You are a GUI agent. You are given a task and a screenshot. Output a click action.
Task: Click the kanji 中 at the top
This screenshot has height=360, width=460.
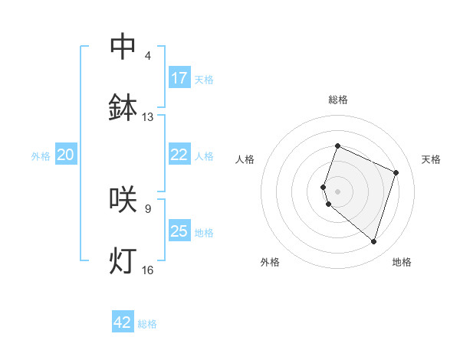click(x=123, y=46)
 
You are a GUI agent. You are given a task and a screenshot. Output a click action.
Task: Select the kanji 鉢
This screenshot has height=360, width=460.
click(x=123, y=108)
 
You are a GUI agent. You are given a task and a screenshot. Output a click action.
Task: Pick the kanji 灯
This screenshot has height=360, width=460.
click(x=123, y=260)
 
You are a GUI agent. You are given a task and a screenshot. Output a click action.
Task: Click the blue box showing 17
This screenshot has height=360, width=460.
click(x=179, y=78)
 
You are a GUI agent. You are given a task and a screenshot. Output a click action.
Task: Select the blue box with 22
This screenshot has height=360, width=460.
click(x=179, y=155)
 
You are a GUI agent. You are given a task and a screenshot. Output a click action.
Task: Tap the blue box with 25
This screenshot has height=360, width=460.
click(x=179, y=231)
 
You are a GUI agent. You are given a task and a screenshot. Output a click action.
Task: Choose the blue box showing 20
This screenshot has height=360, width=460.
click(x=66, y=155)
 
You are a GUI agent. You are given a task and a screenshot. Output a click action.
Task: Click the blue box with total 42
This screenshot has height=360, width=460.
click(x=123, y=322)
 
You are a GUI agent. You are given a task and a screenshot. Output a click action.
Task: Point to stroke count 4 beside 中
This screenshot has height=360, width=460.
click(x=148, y=56)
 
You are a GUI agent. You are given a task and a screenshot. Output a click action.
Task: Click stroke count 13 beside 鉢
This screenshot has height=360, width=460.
click(x=148, y=117)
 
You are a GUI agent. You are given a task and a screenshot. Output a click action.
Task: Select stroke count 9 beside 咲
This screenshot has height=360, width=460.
click(x=148, y=208)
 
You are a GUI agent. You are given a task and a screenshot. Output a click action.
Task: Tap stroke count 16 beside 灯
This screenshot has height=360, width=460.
click(x=148, y=270)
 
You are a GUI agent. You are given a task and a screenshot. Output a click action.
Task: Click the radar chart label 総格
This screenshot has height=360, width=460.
click(x=338, y=100)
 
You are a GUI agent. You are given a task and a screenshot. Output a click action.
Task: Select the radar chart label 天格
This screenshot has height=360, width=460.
click(x=431, y=159)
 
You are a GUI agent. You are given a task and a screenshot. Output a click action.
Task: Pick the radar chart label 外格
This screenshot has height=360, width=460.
click(x=270, y=262)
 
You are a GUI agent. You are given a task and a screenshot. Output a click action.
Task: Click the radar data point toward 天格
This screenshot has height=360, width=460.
click(x=396, y=172)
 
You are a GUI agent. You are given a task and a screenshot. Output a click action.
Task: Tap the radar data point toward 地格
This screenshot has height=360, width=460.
click(x=373, y=241)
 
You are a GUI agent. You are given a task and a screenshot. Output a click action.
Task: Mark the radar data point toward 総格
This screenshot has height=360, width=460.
click(x=337, y=146)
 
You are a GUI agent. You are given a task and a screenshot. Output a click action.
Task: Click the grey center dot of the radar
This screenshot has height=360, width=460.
click(x=338, y=191)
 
